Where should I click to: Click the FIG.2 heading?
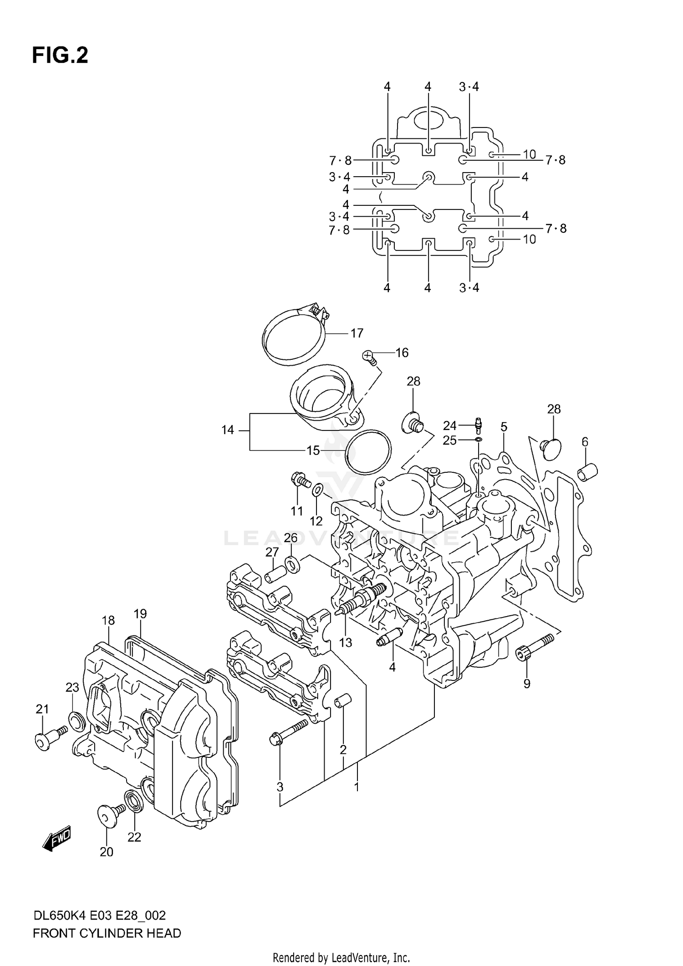coord(60,56)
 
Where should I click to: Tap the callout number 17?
coord(357,333)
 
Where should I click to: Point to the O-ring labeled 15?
coord(368,451)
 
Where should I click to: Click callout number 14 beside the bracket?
coord(227,429)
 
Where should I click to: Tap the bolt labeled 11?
coord(300,480)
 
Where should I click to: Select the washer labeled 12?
coord(318,490)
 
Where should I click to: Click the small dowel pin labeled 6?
coord(587,472)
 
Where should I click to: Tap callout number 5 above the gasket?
coord(504,427)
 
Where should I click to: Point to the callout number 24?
coord(449,425)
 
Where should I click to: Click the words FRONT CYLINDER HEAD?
coord(107,933)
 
